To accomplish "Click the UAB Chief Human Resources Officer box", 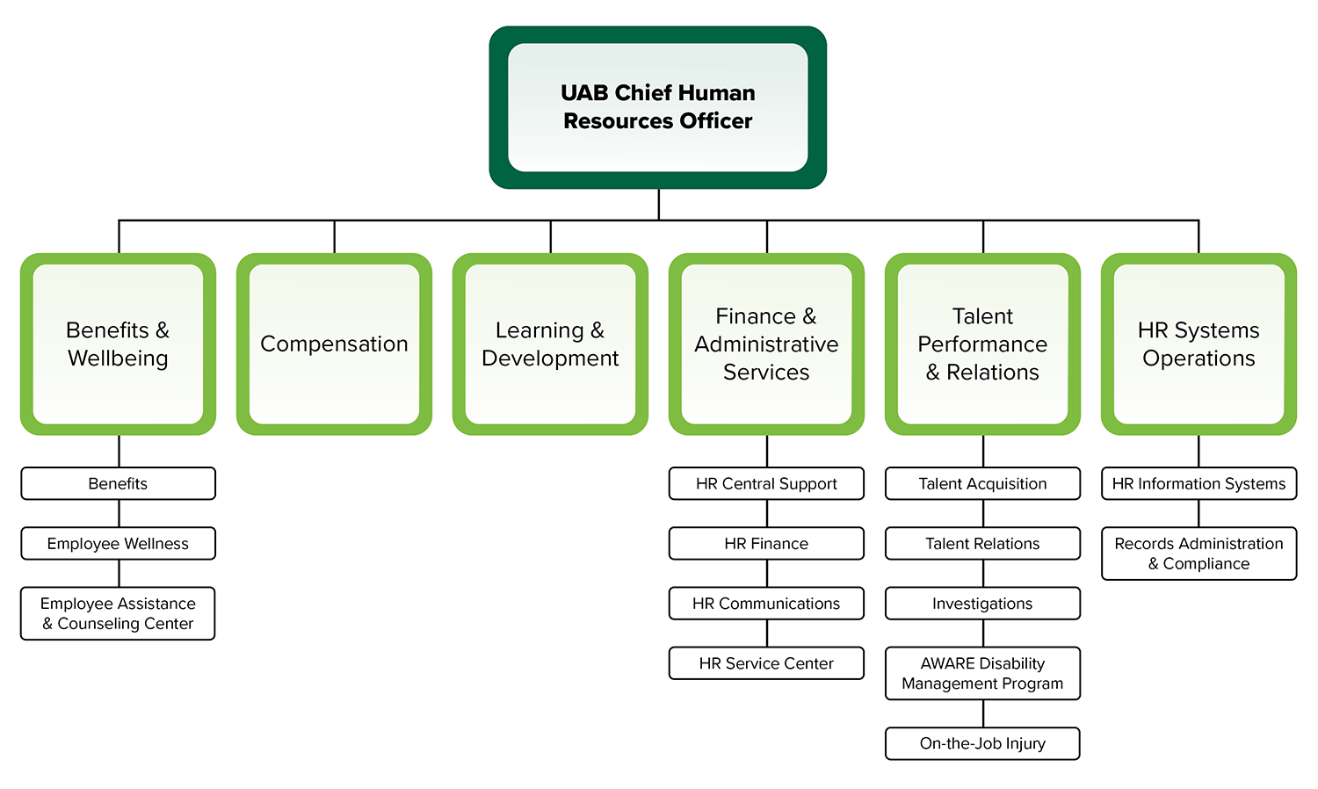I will coord(657,107).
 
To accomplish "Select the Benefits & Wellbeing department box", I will coord(118,344).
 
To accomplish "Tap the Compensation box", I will coord(334,344).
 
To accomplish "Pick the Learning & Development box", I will coord(550,344).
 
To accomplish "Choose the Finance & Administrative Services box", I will coord(766,344).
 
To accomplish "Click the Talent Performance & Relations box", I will coord(982,344).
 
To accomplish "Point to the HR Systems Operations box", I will coord(1199,344).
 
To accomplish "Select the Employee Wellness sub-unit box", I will coord(118,544).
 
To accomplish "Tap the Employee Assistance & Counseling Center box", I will coord(118,613).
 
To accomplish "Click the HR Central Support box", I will coord(766,483).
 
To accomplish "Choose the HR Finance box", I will coord(766,544).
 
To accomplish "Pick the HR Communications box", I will coord(766,604).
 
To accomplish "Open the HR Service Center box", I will coord(766,663).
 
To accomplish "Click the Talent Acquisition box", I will coord(982,483).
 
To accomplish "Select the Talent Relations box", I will coord(982,544).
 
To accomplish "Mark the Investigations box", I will coord(982,604).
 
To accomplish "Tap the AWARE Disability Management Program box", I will coord(982,674).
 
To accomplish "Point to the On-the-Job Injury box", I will coord(982,743).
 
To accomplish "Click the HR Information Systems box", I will coord(1199,483).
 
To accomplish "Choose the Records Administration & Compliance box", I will coord(1199,554).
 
